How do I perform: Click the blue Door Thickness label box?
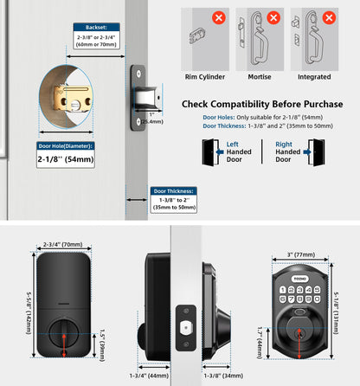pos(174,190)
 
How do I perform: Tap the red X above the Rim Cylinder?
pos(221,16)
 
